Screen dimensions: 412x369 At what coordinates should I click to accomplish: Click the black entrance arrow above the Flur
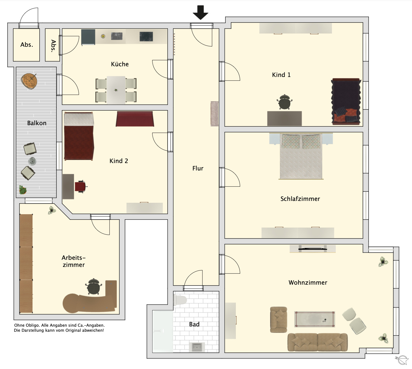click(200, 12)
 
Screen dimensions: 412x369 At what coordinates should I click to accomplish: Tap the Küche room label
click(120, 64)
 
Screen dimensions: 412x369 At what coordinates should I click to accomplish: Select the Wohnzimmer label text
click(308, 283)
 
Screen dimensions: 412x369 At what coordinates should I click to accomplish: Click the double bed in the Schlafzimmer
click(301, 156)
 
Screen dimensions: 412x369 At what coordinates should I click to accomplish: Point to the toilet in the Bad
click(180, 300)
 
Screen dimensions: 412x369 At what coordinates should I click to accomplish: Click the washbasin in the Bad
click(197, 347)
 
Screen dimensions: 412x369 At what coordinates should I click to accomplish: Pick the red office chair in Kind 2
click(81, 186)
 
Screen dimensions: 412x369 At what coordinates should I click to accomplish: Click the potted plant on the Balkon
click(23, 190)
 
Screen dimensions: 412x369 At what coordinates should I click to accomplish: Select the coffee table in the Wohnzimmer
click(314, 319)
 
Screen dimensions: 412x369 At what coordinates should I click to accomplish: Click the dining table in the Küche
click(116, 90)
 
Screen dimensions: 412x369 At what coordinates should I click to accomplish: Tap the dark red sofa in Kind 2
click(135, 119)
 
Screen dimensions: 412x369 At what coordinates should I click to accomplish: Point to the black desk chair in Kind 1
click(284, 102)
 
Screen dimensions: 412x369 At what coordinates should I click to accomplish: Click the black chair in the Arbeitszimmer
click(94, 286)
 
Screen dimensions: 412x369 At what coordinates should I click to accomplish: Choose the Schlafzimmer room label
click(300, 199)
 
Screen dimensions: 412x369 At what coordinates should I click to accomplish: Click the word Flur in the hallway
click(198, 168)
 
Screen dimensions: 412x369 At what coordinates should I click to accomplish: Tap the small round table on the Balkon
click(32, 161)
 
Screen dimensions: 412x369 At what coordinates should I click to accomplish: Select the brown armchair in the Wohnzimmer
click(279, 320)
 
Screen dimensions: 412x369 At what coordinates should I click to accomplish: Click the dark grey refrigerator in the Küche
click(88, 37)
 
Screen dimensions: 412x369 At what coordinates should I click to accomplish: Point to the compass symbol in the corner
click(402, 360)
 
